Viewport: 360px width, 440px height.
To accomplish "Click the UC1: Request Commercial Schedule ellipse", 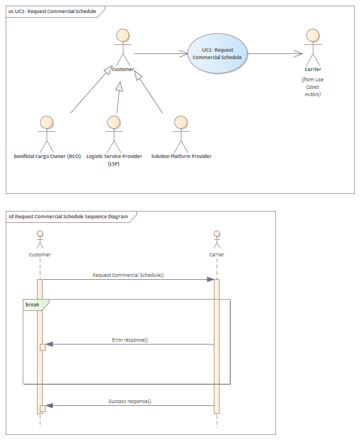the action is pos(217,53).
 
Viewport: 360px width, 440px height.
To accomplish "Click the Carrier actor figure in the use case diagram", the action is pos(313,47).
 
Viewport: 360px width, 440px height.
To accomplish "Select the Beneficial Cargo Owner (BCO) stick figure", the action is pos(47,134).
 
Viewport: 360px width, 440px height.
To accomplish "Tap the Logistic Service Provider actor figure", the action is pos(114,134).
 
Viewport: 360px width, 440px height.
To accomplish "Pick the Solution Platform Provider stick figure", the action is pos(181,134).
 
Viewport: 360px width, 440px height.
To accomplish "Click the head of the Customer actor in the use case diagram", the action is pos(123,35).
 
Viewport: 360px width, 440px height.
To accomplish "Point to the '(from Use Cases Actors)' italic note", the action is pos(313,87).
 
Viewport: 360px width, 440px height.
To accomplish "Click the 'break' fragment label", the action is pos(32,305).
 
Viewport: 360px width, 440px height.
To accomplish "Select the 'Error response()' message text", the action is pos(130,340).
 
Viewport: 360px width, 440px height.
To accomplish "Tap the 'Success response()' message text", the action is pos(130,401).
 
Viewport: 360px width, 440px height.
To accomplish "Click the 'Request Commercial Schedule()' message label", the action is pos(129,275).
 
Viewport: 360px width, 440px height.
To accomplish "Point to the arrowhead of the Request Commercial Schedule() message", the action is pos(210,280).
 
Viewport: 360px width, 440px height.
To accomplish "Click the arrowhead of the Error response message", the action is pos(49,344).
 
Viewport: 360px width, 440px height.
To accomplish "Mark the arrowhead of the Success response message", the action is pos(49,405).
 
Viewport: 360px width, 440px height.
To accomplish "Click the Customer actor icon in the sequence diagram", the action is pos(40,239).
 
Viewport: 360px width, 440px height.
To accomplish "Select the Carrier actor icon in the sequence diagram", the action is pos(217,239).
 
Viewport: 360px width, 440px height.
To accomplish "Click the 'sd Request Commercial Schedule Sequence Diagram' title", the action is pos(68,217).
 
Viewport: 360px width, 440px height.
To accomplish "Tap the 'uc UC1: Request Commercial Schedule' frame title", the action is pos(52,11).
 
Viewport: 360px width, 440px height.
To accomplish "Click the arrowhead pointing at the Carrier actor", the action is pos(298,53).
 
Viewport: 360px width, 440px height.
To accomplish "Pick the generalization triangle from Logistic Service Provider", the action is pos(119,86).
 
